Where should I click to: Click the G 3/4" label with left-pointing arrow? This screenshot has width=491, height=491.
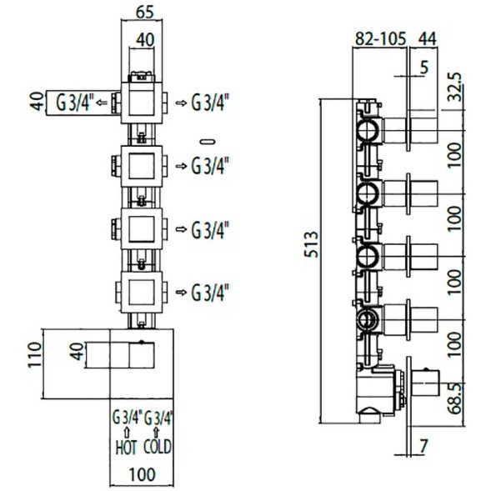point(74,103)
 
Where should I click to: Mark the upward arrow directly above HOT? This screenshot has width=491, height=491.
point(125,432)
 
